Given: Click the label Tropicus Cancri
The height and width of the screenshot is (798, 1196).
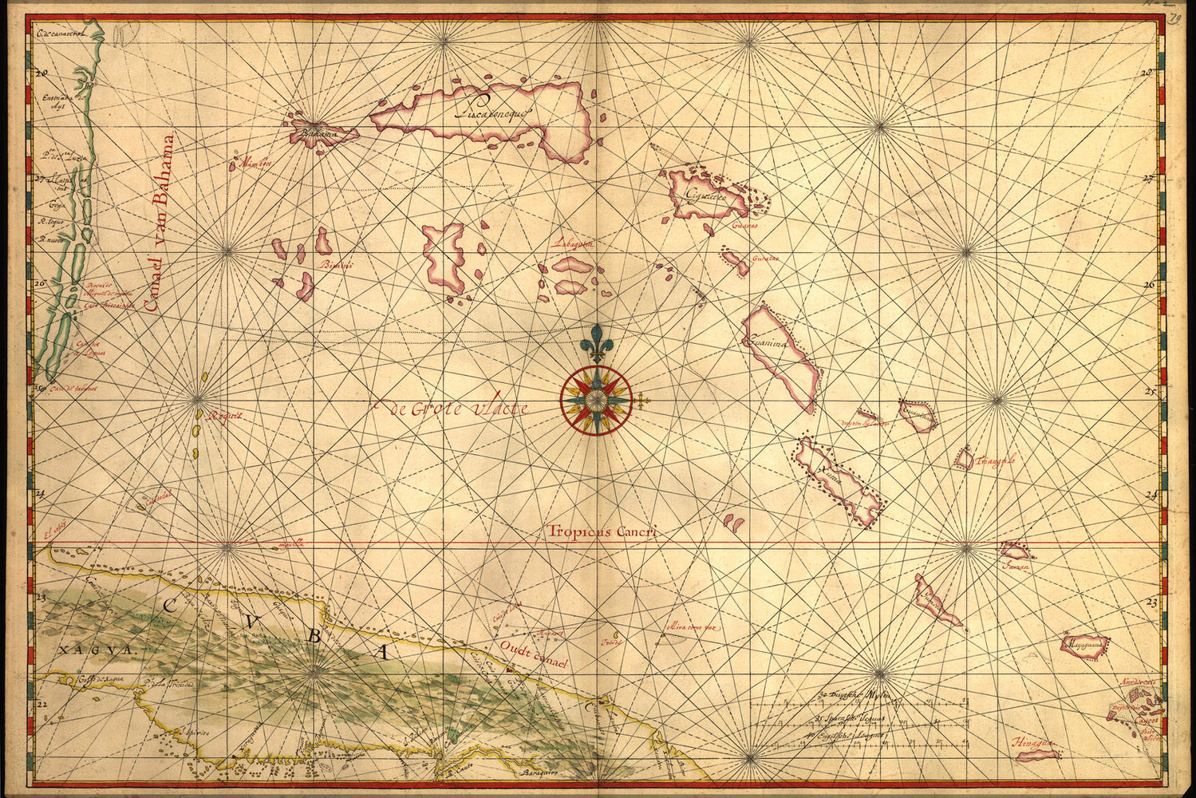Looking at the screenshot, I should coord(602,531).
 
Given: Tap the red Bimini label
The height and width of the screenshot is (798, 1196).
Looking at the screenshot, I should coord(334,265).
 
